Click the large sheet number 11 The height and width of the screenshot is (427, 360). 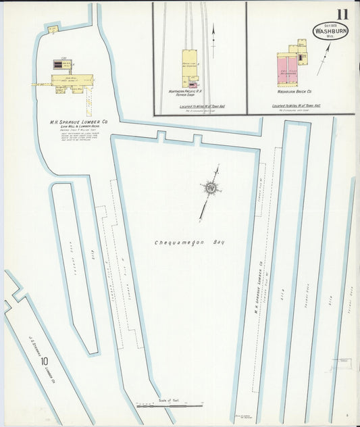pyautogui.click(x=342, y=15)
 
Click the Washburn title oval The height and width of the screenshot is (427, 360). pyautogui.click(x=330, y=31)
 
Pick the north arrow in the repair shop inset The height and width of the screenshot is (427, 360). pyautogui.click(x=213, y=41)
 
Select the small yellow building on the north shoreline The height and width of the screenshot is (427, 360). pyautogui.click(x=52, y=29)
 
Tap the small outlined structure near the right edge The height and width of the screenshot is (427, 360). pyautogui.click(x=345, y=362)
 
